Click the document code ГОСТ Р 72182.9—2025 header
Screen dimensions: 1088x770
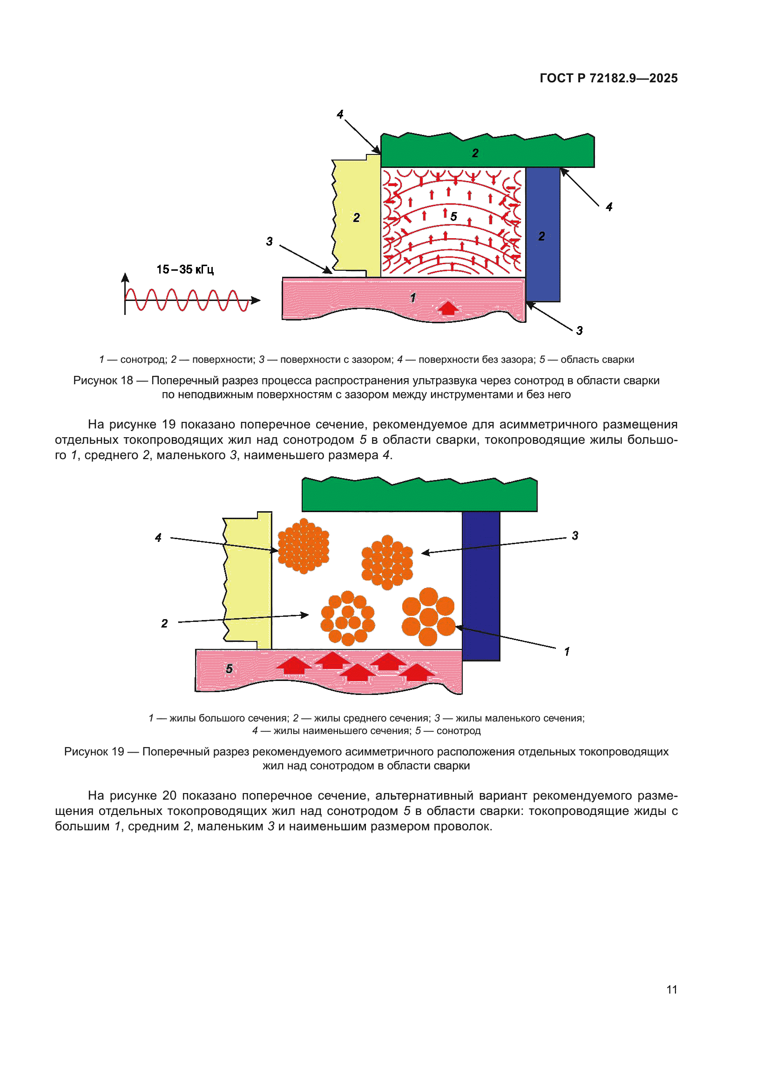point(608,78)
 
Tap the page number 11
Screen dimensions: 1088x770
point(671,989)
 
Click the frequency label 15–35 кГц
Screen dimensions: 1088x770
point(185,270)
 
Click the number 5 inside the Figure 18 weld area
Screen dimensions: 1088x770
point(454,217)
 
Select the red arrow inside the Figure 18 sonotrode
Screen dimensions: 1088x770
point(447,308)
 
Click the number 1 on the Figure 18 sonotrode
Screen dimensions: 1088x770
point(413,298)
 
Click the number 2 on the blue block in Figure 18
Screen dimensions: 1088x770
point(541,236)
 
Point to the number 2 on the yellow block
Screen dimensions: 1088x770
point(357,218)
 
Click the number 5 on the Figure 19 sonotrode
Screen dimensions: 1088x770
point(229,668)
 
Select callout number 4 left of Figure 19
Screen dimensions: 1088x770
point(158,537)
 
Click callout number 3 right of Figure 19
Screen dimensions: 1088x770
point(575,535)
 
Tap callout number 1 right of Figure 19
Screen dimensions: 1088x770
point(567,652)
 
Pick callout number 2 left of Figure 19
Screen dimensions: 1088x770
point(164,623)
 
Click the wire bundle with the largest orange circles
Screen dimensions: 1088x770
point(428,616)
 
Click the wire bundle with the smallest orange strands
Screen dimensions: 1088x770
point(303,546)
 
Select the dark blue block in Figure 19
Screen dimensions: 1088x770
point(481,585)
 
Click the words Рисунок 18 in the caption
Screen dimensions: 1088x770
point(103,380)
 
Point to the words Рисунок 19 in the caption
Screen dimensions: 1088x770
point(94,752)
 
